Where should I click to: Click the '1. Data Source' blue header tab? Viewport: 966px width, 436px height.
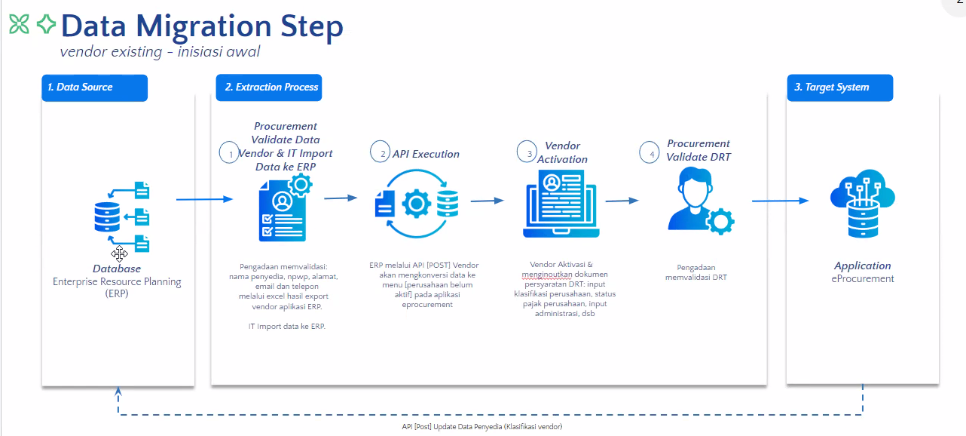94,88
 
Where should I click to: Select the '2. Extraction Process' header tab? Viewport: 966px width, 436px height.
269,88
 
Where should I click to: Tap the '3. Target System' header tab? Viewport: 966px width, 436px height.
839,88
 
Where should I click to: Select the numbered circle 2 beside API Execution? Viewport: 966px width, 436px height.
382,152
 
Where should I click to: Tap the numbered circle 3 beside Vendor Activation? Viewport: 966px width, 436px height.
528,152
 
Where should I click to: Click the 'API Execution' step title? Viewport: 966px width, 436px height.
426,154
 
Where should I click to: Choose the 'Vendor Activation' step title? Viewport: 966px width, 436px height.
562,152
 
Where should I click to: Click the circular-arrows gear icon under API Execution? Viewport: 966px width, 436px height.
416,204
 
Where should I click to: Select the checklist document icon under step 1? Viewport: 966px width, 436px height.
283,207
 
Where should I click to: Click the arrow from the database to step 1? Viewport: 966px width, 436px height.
204,199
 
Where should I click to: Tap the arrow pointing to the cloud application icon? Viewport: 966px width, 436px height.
780,201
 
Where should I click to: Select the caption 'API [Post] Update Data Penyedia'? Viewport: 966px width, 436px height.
482,426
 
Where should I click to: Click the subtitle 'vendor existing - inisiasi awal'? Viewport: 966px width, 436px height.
160,52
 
